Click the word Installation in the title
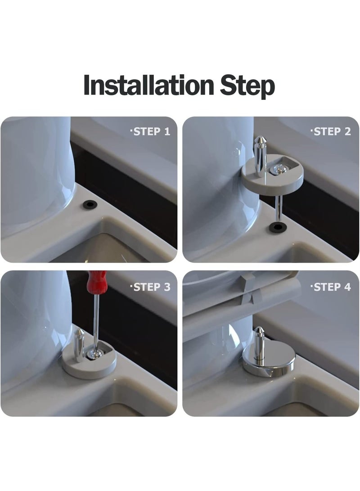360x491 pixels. point(148,85)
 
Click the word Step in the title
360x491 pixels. point(247,87)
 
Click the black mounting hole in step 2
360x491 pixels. point(277,227)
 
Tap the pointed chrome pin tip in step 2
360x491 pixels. point(260,140)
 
